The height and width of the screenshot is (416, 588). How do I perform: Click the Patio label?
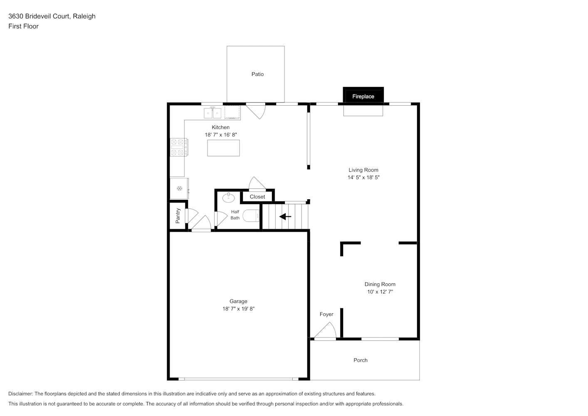coord(257,74)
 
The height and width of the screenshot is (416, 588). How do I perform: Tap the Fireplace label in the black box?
coord(363,97)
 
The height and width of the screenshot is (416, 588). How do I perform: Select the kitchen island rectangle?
coord(223,148)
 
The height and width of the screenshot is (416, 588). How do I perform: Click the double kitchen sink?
coord(212,113)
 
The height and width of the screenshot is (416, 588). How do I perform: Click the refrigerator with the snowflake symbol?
coord(179,188)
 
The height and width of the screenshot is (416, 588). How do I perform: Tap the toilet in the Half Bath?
coord(251,216)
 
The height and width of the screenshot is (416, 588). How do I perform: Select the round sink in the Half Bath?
coord(228,198)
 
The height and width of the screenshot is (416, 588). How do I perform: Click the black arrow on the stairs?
coord(285,217)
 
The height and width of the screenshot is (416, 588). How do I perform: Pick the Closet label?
coord(257,197)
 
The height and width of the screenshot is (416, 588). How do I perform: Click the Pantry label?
coord(178,215)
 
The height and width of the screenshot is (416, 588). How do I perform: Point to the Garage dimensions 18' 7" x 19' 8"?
coord(239,309)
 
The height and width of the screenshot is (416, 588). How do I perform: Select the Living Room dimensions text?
coord(363,178)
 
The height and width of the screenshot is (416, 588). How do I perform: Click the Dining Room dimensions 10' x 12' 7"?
coord(380,292)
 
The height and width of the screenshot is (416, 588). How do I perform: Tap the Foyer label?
coord(326,314)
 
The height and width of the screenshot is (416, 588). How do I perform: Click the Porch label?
coord(361,360)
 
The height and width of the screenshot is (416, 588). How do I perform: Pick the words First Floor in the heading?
coord(23,26)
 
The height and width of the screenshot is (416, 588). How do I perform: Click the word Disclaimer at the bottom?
coord(21,394)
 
